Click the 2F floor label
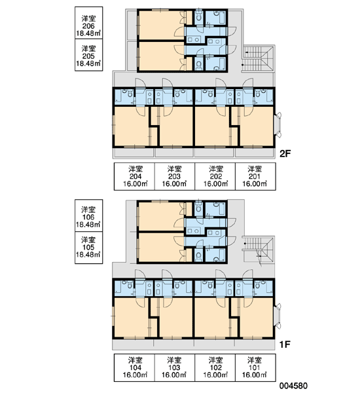point(285,153)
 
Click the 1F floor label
point(285,345)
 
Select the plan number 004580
point(293,386)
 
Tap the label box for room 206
point(88,23)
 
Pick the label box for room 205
point(88,55)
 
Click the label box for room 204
point(135,176)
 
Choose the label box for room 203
point(175,176)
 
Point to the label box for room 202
point(215,176)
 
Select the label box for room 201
point(255,176)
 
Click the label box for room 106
point(88,215)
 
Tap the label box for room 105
point(88,248)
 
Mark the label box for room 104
point(135,367)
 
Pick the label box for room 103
point(175,367)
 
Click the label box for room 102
point(215,367)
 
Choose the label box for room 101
point(255,367)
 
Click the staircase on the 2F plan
point(259,59)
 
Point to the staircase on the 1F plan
point(259,250)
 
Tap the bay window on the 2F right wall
point(278,125)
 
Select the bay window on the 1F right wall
point(278,316)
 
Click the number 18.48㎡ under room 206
point(88,33)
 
